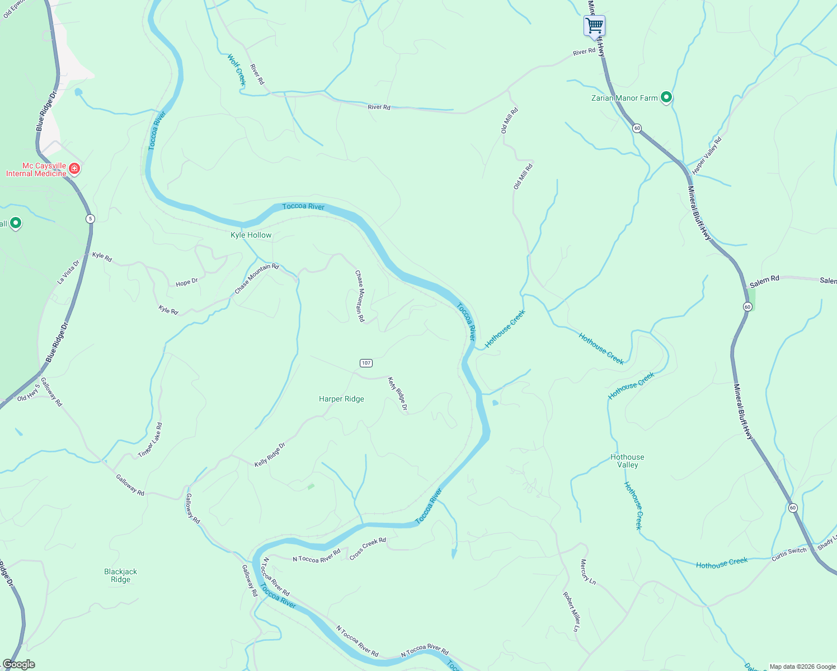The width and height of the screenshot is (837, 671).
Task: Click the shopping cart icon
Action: pyautogui.click(x=594, y=25)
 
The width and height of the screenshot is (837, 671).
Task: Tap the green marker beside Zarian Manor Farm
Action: pyautogui.click(x=666, y=98)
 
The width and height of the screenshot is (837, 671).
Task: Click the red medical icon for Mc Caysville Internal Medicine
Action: pyautogui.click(x=74, y=169)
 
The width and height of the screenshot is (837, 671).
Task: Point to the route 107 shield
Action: pyautogui.click(x=366, y=363)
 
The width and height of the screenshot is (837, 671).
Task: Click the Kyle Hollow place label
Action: pyautogui.click(x=251, y=235)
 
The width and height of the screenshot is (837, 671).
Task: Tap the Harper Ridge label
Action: pyautogui.click(x=341, y=399)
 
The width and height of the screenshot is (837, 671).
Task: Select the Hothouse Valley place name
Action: pyautogui.click(x=627, y=461)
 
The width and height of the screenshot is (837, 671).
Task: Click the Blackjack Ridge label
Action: pyautogui.click(x=120, y=575)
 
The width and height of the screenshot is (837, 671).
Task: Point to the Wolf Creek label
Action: pyautogui.click(x=237, y=69)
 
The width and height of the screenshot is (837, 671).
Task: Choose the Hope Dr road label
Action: pyautogui.click(x=187, y=282)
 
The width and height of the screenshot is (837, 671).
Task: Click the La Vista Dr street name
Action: pyautogui.click(x=68, y=272)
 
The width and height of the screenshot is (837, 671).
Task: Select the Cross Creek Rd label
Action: pyautogui.click(x=368, y=549)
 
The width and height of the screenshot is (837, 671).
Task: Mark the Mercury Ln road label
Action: pyautogui.click(x=588, y=572)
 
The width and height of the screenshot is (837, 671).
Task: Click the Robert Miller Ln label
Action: pyautogui.click(x=571, y=612)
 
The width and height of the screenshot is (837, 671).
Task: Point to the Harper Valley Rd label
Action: pyautogui.click(x=707, y=155)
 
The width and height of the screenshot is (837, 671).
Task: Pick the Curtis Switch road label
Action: pyautogui.click(x=789, y=554)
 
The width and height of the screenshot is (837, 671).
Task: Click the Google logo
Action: pyautogui.click(x=18, y=664)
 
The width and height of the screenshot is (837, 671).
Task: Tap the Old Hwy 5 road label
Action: pyautogui.click(x=29, y=393)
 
